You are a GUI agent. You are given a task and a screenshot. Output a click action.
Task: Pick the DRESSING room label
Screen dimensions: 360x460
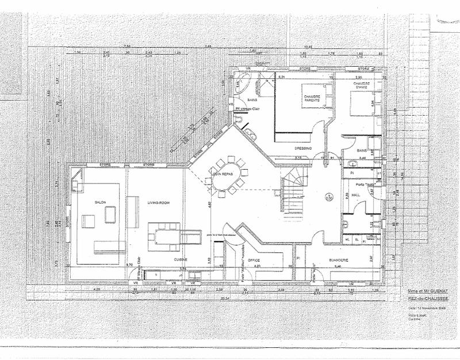pos(304,148)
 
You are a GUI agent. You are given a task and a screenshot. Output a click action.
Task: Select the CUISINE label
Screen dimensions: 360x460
pos(182,260)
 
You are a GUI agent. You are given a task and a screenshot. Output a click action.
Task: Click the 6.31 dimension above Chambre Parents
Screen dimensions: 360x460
pos(282,76)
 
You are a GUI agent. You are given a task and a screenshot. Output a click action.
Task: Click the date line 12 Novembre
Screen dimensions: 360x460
pos(424,308)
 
